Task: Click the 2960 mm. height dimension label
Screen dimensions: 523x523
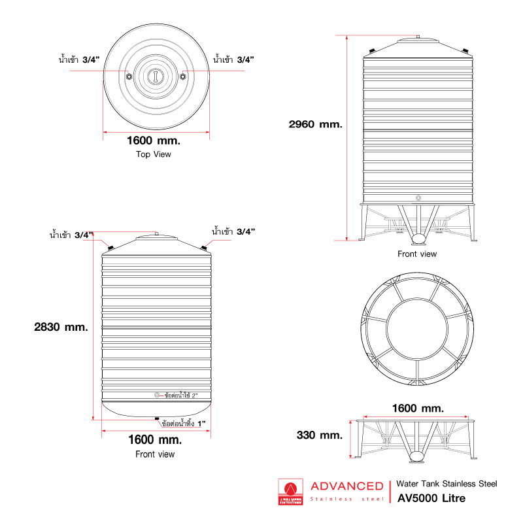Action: click(315, 124)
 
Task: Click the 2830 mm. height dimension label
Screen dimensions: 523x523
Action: click(61, 327)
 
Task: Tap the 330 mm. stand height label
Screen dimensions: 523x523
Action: click(320, 435)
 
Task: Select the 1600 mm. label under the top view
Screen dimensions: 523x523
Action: click(154, 140)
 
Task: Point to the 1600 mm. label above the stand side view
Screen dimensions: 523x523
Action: click(418, 408)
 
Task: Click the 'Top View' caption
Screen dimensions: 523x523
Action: click(154, 154)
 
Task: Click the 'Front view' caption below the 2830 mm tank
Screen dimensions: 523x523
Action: click(155, 454)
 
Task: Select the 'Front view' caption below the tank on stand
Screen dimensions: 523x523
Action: click(417, 254)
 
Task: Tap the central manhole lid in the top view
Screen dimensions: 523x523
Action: click(156, 76)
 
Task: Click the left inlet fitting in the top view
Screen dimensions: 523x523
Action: click(129, 76)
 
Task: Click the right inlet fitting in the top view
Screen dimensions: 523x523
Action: click(183, 76)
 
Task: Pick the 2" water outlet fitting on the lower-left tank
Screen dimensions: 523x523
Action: click(157, 395)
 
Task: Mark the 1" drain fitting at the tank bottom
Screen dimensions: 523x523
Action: click(156, 418)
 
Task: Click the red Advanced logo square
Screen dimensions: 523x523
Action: click(291, 492)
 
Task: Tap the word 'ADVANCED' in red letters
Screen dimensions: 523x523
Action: click(346, 486)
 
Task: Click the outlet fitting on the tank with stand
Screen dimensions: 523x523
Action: click(418, 196)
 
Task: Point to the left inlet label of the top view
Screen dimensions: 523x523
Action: click(78, 59)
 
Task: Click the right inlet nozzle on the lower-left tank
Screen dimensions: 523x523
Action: click(204, 246)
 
